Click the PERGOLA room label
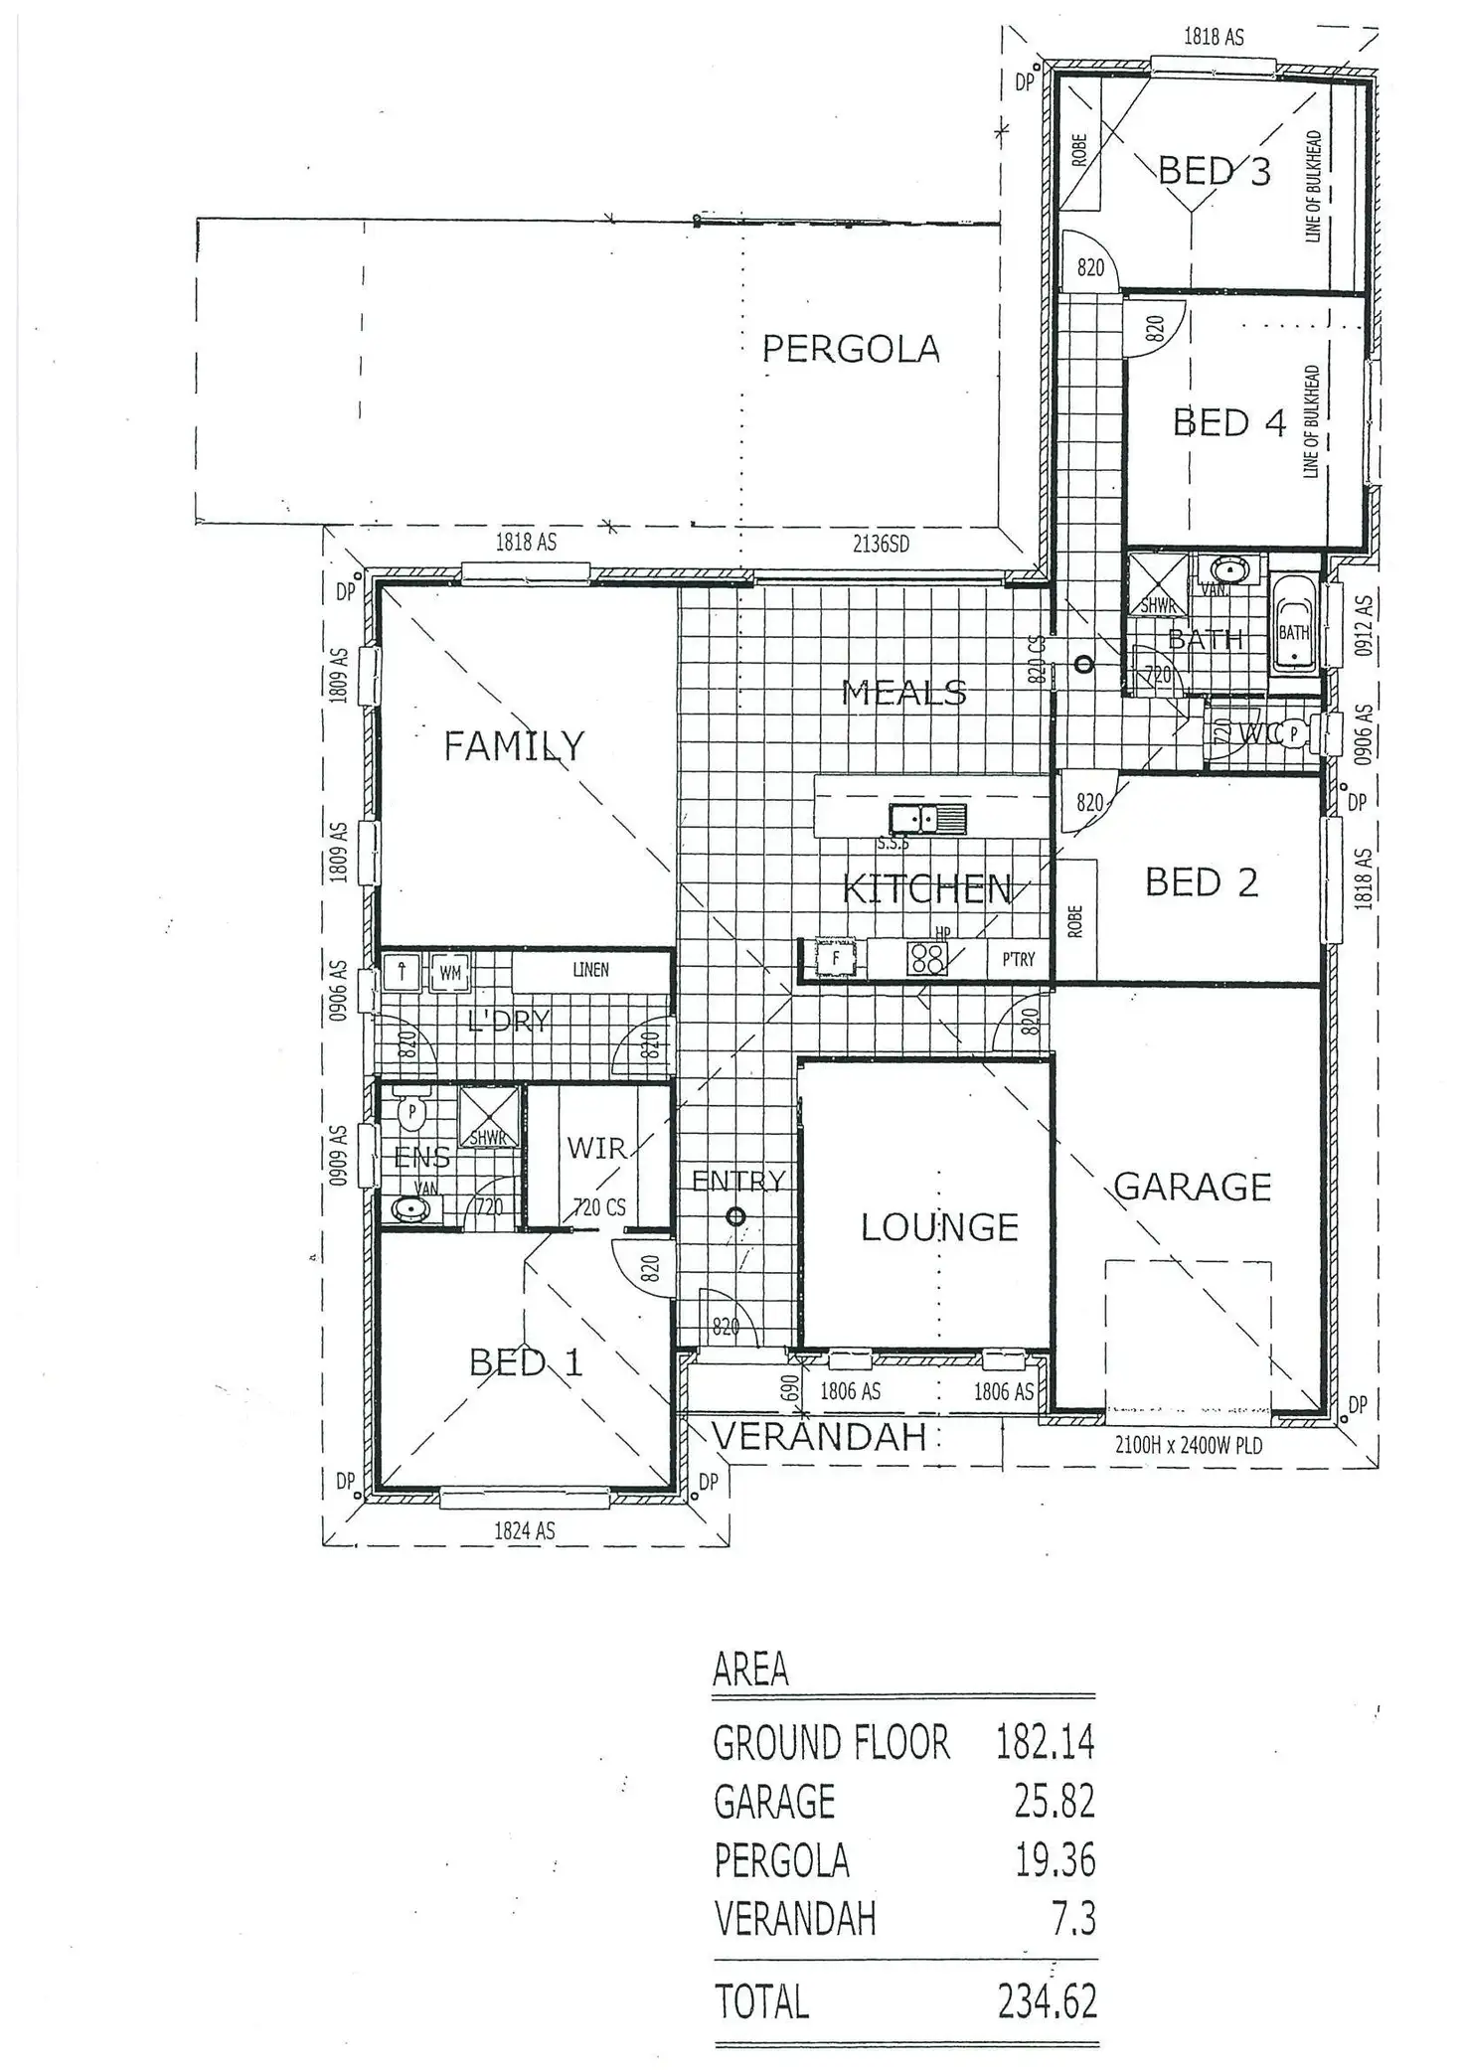[x=850, y=349]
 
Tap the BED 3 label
[x=1214, y=172]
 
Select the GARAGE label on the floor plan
[x=1192, y=1187]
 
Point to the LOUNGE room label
[x=939, y=1227]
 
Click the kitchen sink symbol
[x=927, y=819]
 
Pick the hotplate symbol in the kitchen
[x=927, y=958]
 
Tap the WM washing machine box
[x=450, y=973]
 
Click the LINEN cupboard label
[x=590, y=969]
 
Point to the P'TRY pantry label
[x=1018, y=959]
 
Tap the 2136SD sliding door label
[x=881, y=544]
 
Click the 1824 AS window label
[x=524, y=1531]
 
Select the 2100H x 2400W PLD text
[x=1189, y=1445]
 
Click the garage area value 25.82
[x=1054, y=1801]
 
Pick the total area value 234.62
[x=1047, y=1974]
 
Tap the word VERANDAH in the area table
[x=794, y=1919]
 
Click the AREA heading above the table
[x=750, y=1671]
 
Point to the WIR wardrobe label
[x=596, y=1148]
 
